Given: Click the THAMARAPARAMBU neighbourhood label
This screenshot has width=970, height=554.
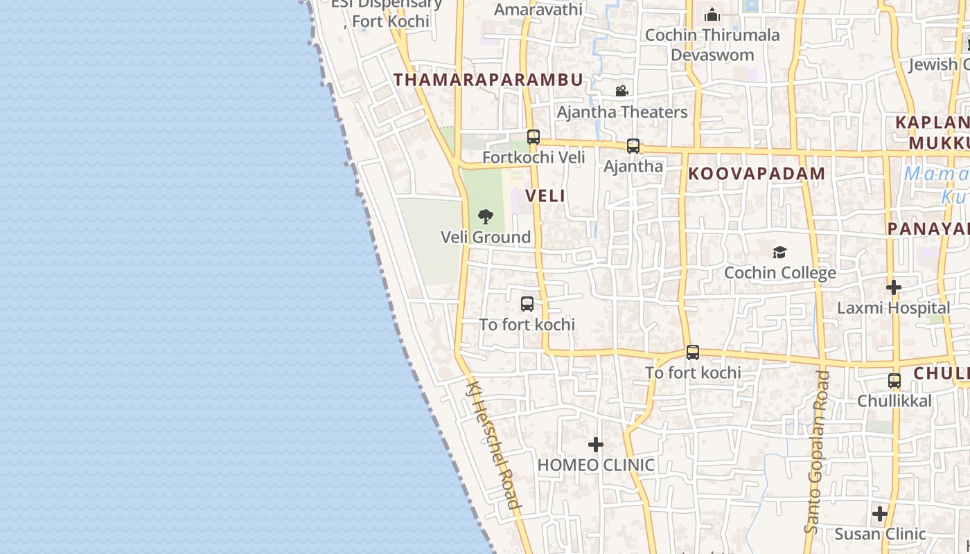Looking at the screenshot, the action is (x=488, y=80).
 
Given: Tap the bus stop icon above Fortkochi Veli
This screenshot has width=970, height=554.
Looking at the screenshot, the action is (x=533, y=137).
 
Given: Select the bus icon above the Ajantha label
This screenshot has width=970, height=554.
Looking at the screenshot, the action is (x=633, y=146).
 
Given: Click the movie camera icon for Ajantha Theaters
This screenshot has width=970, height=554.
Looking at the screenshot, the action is (x=621, y=91).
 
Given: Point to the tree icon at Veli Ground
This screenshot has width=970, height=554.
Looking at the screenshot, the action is (x=486, y=217).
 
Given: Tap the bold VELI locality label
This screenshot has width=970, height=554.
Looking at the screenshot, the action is (x=545, y=196).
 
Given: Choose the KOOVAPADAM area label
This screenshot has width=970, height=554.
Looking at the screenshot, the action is (x=757, y=174).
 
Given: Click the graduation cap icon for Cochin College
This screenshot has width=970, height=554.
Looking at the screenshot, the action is (x=780, y=252).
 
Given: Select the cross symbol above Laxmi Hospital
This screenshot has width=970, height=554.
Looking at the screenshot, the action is (x=894, y=287).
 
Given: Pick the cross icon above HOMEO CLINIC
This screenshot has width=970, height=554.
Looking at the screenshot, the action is (x=596, y=445).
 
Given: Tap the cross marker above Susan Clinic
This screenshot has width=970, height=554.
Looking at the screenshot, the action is (x=880, y=514).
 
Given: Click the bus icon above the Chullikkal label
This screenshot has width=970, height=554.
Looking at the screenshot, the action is (x=894, y=381).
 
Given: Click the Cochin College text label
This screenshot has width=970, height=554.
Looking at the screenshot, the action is (x=780, y=273).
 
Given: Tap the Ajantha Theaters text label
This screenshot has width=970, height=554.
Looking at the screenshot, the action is (x=622, y=112).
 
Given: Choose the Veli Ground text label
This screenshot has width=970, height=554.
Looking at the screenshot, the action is (x=486, y=238).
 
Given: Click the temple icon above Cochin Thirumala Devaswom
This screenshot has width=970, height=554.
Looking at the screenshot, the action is (x=712, y=15).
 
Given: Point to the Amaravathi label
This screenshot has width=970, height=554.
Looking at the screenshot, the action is (x=538, y=10).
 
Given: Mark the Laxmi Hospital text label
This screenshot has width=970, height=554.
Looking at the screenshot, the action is (x=894, y=308).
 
